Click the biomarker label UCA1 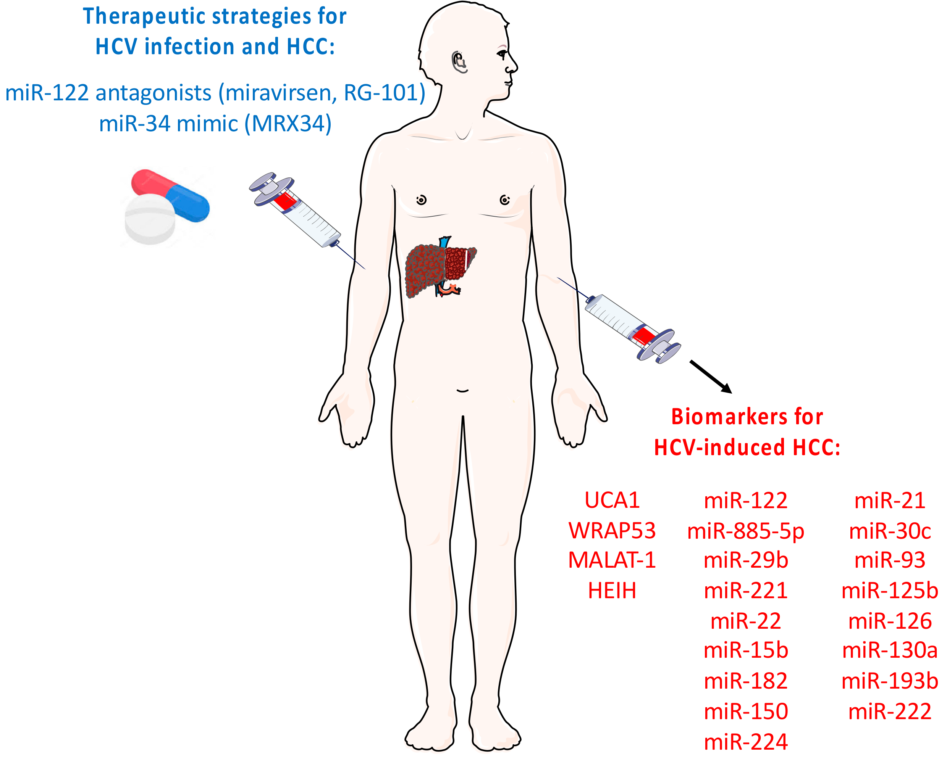tap(612, 500)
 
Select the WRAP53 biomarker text tap(612, 531)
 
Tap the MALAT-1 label tap(612, 560)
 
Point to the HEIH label tap(612, 591)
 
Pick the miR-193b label tap(889, 681)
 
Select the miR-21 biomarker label tap(889, 501)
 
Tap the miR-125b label tap(889, 591)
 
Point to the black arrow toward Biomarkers tap(710, 376)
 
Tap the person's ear tap(459, 62)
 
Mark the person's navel tap(462, 390)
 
